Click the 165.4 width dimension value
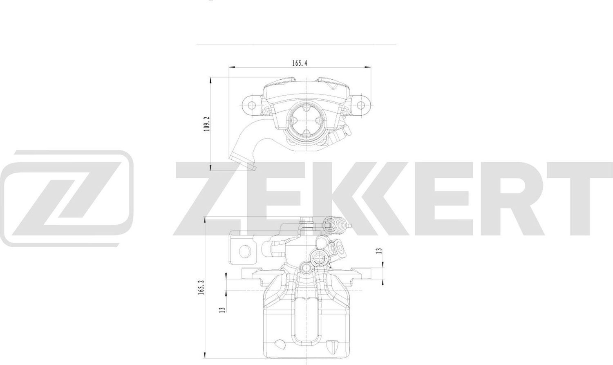(x=299, y=63)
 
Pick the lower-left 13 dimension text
(x=222, y=309)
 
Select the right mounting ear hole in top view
(x=360, y=105)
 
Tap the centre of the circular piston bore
(x=306, y=121)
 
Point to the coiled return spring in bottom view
(x=340, y=224)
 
